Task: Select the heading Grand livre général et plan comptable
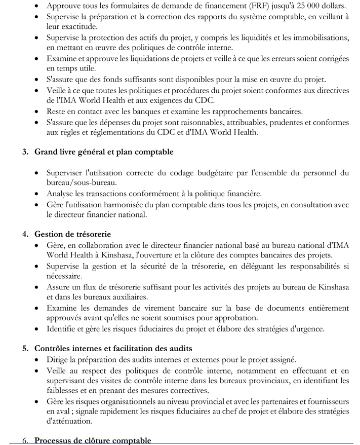tap(104, 152)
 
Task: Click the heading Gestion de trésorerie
tap(72, 234)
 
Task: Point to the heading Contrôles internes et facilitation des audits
tap(113, 349)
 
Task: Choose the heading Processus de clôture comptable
tap(93, 440)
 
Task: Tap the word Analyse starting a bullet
tap(60, 193)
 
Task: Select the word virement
tap(148, 308)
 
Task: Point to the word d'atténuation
tap(68, 421)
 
